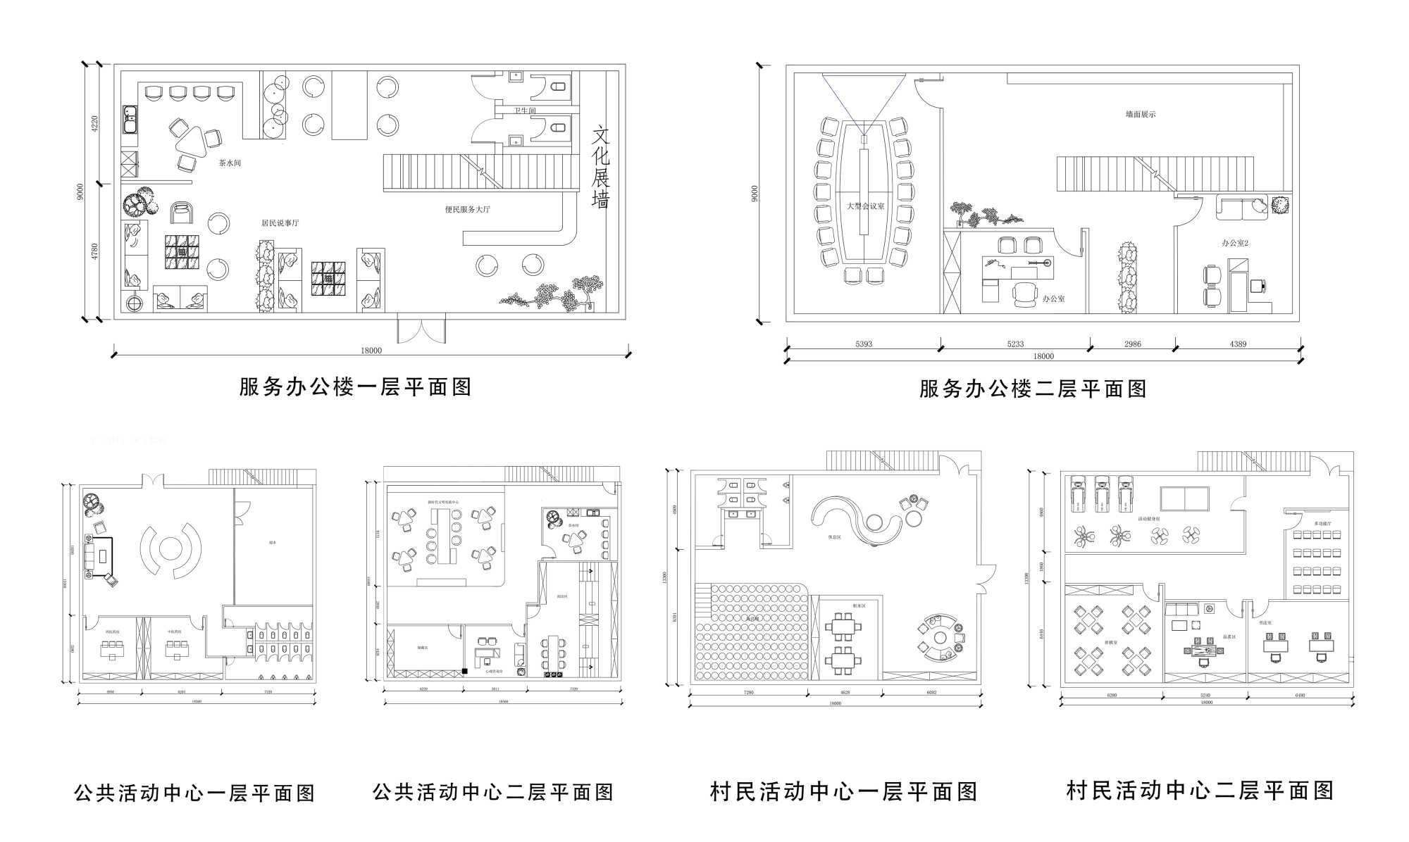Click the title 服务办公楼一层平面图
pos(355,387)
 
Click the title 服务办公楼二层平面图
pos(1033,389)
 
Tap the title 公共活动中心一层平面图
pos(194,793)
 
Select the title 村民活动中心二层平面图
pos(1200,791)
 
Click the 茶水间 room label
pos(230,163)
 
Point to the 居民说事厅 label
pos(280,223)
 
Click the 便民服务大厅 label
pos(467,210)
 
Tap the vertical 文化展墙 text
pos(600,168)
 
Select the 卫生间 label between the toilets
pos(524,111)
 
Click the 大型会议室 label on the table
pos(865,206)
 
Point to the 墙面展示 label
pos(1140,114)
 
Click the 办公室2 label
pos(1234,243)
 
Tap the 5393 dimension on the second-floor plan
pos(864,344)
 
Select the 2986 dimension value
pos(1133,344)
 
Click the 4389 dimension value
pos(1238,344)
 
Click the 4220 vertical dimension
pos(95,124)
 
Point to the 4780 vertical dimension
pos(95,251)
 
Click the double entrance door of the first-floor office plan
pos(421,329)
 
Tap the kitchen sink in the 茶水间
pos(130,120)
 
